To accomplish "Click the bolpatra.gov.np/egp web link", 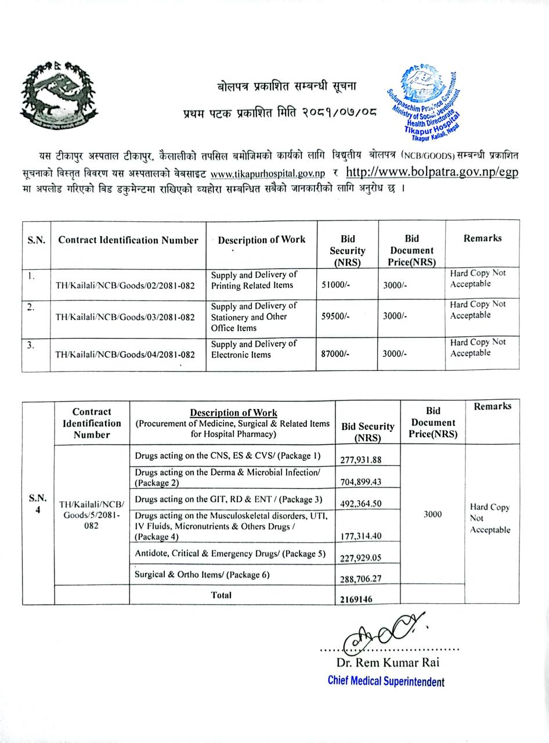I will pyautogui.click(x=432, y=172).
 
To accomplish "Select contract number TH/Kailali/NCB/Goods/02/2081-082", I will pyautogui.click(x=125, y=286).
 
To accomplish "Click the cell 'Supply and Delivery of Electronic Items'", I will pyautogui.click(x=254, y=349).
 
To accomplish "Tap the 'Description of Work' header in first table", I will pyautogui.click(x=261, y=240).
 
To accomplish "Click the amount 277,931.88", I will pyautogui.click(x=360, y=460).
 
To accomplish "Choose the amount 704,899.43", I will pyautogui.click(x=360, y=482).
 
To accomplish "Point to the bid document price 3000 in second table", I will pyautogui.click(x=432, y=514).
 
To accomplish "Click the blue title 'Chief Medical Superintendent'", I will pyautogui.click(x=386, y=681).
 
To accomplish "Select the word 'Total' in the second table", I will pyautogui.click(x=221, y=595).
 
